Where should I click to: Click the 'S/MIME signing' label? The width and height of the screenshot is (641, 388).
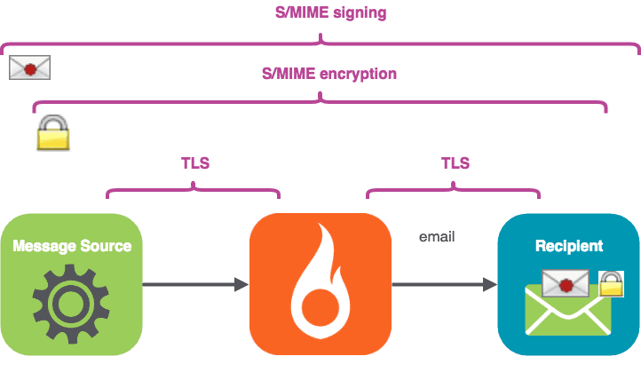click(x=320, y=13)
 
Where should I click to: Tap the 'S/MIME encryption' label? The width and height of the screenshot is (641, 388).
click(x=329, y=74)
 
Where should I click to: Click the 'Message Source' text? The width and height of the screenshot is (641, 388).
click(x=72, y=245)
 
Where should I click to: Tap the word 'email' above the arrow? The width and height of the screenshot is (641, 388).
click(x=438, y=236)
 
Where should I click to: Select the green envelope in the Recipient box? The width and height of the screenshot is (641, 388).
click(x=567, y=313)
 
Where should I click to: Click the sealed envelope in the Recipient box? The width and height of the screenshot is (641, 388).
click(x=565, y=283)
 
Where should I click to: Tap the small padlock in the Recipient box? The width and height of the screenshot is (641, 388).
click(x=611, y=283)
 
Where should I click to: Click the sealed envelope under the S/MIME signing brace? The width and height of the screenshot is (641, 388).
click(x=29, y=67)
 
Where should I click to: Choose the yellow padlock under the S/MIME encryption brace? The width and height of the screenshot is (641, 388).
click(x=52, y=132)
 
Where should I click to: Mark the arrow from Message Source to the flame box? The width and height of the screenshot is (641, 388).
click(x=194, y=284)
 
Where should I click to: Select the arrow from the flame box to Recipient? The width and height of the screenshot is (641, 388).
click(x=444, y=284)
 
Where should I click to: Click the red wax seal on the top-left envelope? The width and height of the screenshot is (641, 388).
click(x=30, y=68)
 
